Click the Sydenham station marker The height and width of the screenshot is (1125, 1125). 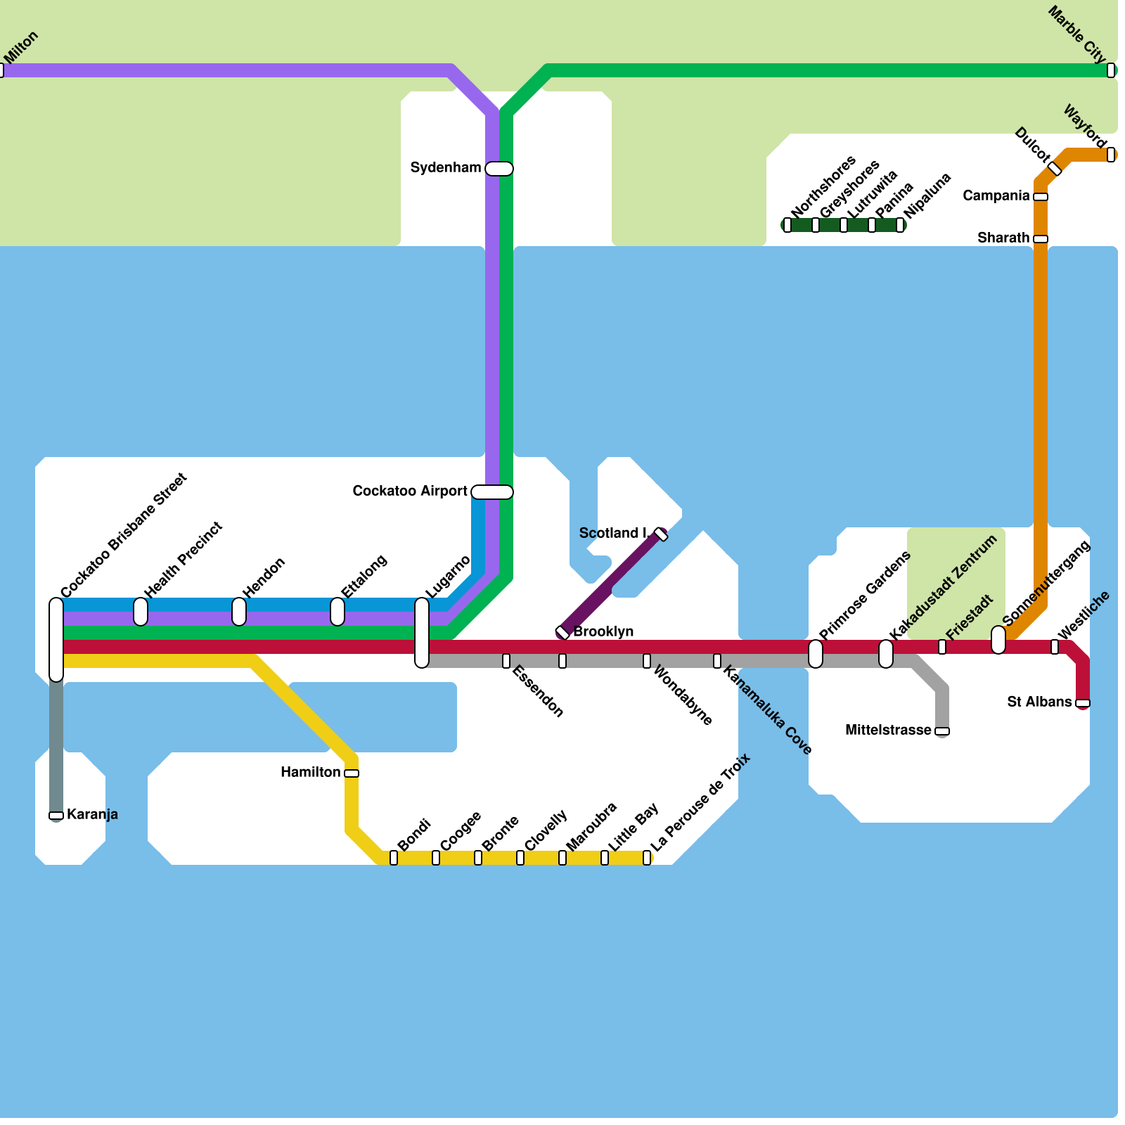[x=499, y=169]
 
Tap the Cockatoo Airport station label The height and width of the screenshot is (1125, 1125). [x=410, y=491]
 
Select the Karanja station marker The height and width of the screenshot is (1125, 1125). [x=56, y=816]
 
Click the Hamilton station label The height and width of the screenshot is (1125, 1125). [x=311, y=772]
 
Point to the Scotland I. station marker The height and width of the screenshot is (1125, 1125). [x=661, y=534]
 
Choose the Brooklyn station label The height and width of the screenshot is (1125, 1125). [x=603, y=631]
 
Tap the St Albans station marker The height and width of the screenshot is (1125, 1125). [x=1083, y=703]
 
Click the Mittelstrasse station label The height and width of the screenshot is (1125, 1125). [x=888, y=730]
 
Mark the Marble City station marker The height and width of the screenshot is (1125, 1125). [x=1111, y=70]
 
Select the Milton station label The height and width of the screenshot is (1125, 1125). [x=21, y=48]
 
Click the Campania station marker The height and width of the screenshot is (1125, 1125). [x=1041, y=197]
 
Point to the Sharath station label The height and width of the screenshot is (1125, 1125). [x=1003, y=238]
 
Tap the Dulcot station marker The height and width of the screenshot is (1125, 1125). [x=1055, y=169]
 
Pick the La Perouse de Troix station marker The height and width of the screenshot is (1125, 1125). [x=647, y=858]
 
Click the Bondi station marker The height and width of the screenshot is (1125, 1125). [x=394, y=858]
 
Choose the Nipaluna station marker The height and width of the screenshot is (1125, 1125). [x=900, y=225]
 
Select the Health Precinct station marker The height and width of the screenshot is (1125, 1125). [x=141, y=612]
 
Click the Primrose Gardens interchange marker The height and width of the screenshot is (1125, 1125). [x=816, y=654]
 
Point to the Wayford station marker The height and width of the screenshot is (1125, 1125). [x=1111, y=155]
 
